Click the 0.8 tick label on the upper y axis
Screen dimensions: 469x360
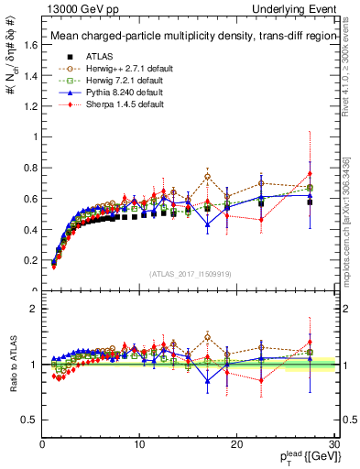coord(30,168)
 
